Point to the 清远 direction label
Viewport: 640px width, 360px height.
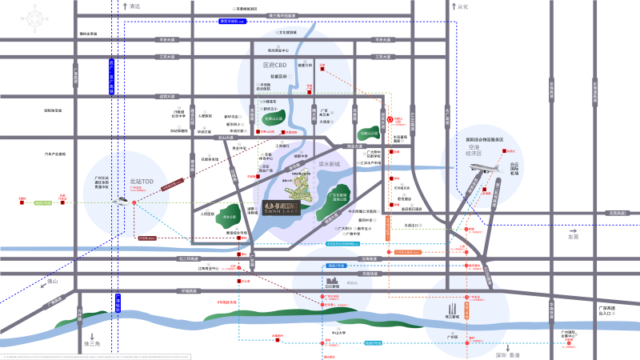[134, 6]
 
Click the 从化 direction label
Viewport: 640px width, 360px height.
[462, 6]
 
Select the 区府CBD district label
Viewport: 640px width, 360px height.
[274, 64]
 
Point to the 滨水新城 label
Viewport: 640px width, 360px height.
[330, 163]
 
